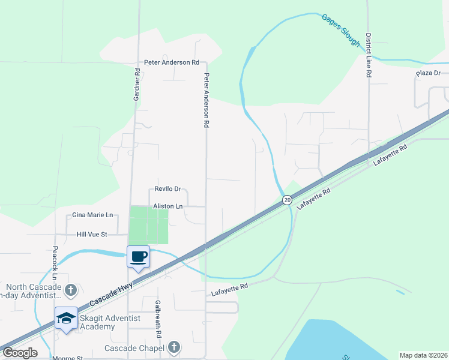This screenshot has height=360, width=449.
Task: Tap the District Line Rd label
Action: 369,55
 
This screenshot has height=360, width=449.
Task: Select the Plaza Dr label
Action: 429,73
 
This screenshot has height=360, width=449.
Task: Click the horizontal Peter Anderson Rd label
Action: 171,62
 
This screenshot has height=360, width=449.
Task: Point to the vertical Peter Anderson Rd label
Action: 206,100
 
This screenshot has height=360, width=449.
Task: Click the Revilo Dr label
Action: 167,188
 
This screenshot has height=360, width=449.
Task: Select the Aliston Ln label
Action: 167,206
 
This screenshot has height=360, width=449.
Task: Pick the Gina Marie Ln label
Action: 92,214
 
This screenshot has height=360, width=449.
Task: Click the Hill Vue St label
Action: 91,234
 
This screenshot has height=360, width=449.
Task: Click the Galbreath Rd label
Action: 158,317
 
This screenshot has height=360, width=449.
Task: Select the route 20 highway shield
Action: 288,200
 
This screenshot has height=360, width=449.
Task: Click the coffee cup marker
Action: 138,257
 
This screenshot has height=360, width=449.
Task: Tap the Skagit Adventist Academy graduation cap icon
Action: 66,317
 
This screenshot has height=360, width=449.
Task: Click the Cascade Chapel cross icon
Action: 174,347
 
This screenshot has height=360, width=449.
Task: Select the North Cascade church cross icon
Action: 70,291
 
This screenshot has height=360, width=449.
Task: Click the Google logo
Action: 20,353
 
